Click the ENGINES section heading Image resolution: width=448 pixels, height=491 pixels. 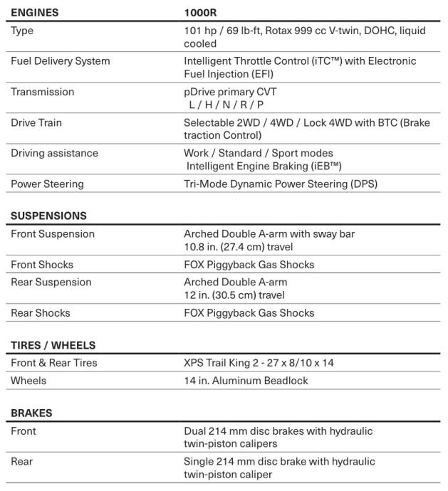point(34,13)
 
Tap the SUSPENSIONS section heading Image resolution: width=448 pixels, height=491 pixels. point(48,216)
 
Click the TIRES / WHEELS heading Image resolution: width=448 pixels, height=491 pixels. point(53,345)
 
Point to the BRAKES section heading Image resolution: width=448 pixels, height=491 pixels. point(31,413)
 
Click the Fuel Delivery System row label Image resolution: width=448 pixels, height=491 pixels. point(61,61)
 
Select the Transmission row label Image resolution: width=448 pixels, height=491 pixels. point(43,92)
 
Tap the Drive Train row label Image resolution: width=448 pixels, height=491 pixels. point(36,122)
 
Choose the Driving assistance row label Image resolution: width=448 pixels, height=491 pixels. point(55,153)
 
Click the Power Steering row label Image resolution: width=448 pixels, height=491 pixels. point(47,184)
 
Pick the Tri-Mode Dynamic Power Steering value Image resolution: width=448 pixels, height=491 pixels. point(280,184)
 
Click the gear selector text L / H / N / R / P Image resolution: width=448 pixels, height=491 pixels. point(226,104)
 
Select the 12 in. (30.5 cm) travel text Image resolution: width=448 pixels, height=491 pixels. point(234,295)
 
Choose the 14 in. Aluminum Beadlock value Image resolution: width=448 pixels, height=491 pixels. point(246,381)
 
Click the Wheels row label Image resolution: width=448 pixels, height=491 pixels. point(28,381)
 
